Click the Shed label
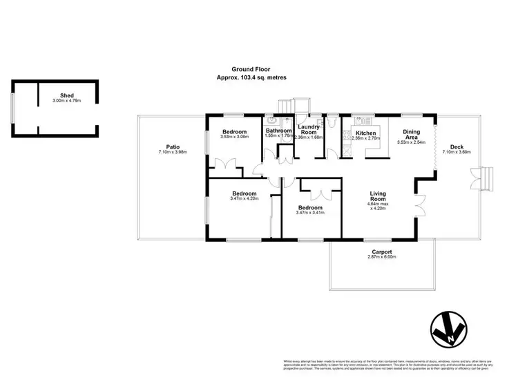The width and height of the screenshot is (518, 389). coord(67,96)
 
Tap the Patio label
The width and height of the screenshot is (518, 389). coord(164,148)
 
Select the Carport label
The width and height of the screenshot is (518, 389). coord(382,252)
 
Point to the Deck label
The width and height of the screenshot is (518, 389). coord(457,146)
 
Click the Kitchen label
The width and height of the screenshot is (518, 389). coord(366,133)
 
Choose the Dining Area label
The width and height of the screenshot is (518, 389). coord(412,134)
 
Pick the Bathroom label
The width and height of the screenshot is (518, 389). coord(278,130)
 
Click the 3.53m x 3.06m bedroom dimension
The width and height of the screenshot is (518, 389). coord(234,137)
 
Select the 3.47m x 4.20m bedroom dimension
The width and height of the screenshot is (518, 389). coord(244,199)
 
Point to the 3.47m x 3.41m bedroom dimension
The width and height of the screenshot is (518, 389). coord(310,213)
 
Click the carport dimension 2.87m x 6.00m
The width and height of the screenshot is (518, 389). coord(382,257)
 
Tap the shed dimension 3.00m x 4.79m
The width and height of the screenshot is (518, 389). coord(67,102)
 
